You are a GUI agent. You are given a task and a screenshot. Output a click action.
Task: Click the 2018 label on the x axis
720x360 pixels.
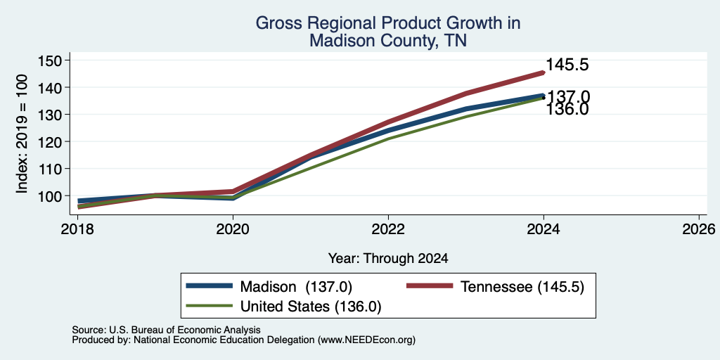click(x=78, y=229)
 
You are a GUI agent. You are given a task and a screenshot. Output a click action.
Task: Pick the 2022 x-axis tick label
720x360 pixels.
click(x=388, y=229)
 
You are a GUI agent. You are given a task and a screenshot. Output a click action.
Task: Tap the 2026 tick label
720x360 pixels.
click(x=699, y=229)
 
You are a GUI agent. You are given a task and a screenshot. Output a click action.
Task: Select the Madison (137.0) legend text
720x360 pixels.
click(x=296, y=287)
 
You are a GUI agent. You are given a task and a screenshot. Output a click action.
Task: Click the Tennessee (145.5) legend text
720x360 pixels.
click(x=522, y=287)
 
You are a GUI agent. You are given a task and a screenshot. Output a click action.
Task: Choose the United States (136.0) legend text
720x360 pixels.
click(x=311, y=307)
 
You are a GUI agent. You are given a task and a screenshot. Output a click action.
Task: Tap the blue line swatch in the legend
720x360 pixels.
click(x=209, y=285)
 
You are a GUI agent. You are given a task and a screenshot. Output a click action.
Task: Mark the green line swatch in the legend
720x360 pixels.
click(x=209, y=305)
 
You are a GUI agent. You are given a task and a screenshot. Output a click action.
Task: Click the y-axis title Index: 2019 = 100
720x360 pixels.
click(x=22, y=134)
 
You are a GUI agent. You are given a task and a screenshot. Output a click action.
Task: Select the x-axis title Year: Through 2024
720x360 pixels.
click(x=388, y=259)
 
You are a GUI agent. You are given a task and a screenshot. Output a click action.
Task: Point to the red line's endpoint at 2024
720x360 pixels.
click(x=544, y=72)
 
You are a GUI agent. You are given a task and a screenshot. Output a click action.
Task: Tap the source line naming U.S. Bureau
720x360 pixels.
click(x=166, y=330)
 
